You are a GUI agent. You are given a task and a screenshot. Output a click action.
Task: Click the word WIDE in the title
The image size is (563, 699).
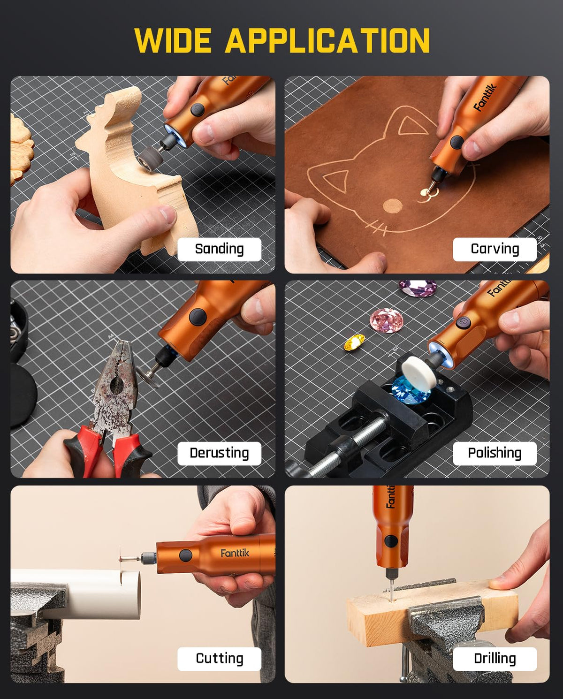coord(173,40)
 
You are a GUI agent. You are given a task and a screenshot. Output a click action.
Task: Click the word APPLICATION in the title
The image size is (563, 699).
coord(327,40)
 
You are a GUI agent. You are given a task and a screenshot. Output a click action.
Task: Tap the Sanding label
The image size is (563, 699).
coord(219,249)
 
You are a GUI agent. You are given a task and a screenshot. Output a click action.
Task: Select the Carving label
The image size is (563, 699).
coord(495,249)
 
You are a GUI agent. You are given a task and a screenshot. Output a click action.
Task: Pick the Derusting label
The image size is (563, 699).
coord(219,453)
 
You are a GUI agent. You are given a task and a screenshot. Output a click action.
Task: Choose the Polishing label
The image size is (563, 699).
coord(495,453)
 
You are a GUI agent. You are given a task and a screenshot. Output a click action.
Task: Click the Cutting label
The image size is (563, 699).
coord(219,658)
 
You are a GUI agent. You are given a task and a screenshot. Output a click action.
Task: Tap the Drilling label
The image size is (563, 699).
coord(495,658)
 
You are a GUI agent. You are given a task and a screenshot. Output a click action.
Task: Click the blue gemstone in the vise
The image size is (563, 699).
coord(411,391)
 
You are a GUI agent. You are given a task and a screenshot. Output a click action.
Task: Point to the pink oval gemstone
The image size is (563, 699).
coord(387,320)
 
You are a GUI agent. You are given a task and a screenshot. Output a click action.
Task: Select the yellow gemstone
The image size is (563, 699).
coord(354,342)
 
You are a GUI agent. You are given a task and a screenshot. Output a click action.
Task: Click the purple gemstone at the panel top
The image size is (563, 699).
coord(418,288)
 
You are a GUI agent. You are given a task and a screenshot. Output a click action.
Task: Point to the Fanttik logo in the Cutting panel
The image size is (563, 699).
coord(235,553)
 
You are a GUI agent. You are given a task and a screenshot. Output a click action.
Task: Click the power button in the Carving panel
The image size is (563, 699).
coord(456,142)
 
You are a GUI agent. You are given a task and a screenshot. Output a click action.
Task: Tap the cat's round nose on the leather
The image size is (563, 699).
coord(392,206)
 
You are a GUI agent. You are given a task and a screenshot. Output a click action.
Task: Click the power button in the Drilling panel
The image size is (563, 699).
coord(391,541)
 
